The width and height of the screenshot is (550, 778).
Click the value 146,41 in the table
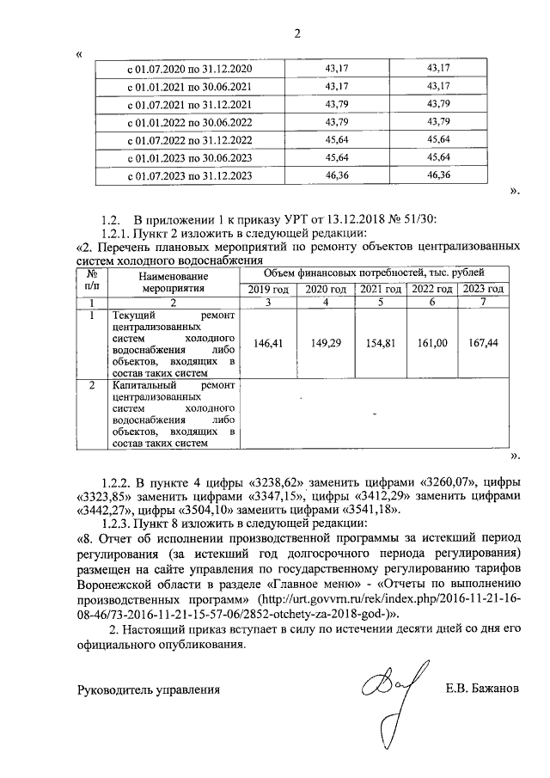[269, 343]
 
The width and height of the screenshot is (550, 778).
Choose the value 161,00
[432, 343]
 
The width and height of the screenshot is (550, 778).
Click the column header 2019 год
[269, 289]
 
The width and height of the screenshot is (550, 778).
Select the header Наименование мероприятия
[174, 283]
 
